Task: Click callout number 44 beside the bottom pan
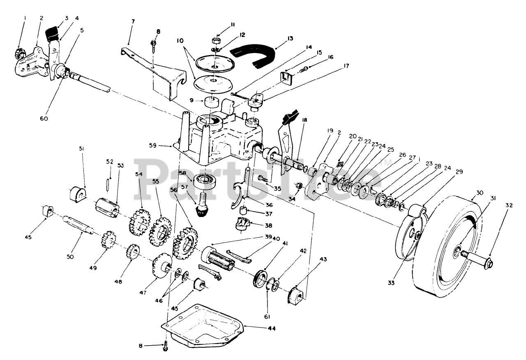[271, 329]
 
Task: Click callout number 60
[44, 118]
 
